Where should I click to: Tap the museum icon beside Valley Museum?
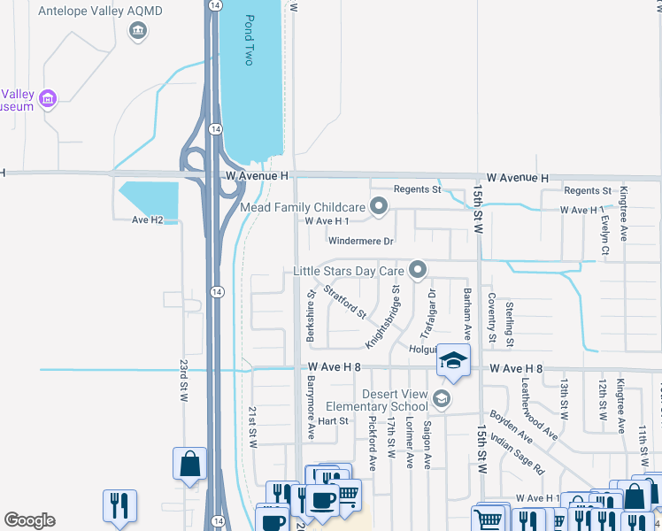49,97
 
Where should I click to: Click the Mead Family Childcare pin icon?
379,207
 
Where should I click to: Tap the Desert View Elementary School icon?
441,400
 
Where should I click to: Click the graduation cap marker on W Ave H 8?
453,361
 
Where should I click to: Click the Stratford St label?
344,300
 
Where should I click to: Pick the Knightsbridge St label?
384,317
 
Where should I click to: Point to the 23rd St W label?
184,381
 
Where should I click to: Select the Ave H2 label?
148,219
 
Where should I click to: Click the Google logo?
29,519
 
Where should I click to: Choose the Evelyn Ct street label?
605,236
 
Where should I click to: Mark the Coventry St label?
491,319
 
